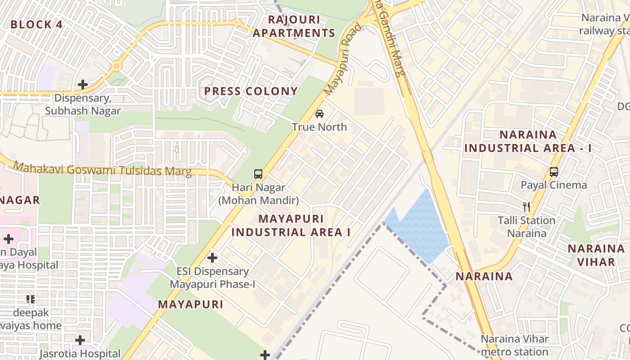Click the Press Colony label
251,91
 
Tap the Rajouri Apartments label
294,27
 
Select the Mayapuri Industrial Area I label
291,225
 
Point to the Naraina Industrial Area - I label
528,141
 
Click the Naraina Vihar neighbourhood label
596,255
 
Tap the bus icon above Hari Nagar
258,174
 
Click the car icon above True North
319,114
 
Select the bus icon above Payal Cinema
554,171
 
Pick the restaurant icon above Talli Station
526,207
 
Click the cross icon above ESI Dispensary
212,258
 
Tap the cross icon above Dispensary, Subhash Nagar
83,84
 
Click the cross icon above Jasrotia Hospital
80,340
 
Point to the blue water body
421,227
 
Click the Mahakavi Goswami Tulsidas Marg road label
102,170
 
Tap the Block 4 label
36,24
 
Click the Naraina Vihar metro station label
514,345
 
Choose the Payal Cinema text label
553,185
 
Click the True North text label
319,127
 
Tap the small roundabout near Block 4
117,66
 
